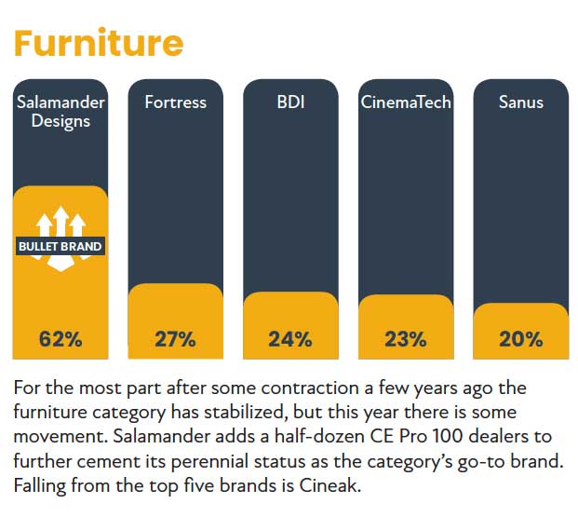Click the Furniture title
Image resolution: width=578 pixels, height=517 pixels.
(97, 43)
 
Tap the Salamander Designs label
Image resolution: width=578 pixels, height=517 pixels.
(60, 111)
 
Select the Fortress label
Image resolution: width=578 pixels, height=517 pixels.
(175, 102)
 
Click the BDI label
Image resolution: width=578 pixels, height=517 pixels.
(290, 102)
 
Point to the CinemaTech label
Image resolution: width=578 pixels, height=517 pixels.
(406, 102)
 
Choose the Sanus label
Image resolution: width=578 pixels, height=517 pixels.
(520, 102)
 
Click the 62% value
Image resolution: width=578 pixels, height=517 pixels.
(60, 339)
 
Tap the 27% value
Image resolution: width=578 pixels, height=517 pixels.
(175, 339)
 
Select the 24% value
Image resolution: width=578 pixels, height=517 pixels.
(290, 339)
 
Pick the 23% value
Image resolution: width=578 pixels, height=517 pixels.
(406, 339)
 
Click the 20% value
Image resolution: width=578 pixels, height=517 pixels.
(520, 339)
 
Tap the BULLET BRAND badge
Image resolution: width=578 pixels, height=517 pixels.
(60, 247)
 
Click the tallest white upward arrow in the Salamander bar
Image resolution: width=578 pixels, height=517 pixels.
(60, 220)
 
